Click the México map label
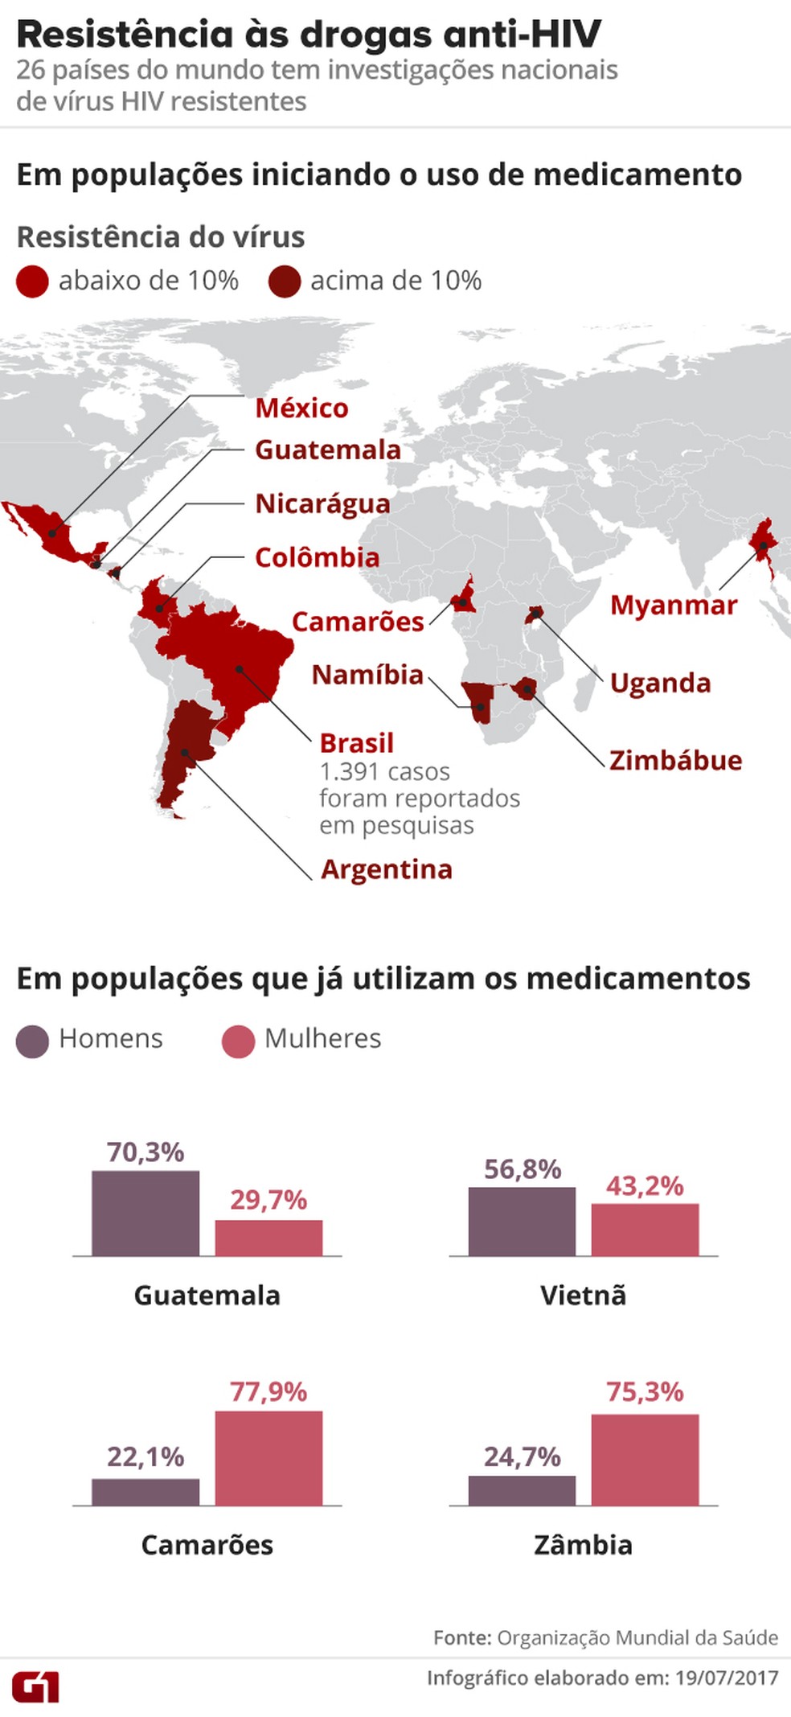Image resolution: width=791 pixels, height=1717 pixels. coord(301,409)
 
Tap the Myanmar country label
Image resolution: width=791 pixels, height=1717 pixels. coord(673,605)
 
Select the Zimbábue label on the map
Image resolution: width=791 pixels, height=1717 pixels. coord(675,760)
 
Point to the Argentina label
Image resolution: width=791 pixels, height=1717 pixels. coord(386,869)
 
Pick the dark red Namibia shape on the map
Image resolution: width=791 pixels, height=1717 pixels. coord(479,700)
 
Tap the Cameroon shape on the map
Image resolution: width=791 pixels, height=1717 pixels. coord(463,598)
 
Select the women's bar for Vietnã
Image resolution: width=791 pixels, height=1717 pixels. coord(645,1230)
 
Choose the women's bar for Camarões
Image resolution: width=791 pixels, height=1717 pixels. coord(268,1457)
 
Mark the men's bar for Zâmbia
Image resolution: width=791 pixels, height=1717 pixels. coord(522,1490)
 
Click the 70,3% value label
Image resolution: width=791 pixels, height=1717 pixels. coord(145,1152)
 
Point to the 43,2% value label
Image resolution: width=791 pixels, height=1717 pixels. coord(645,1185)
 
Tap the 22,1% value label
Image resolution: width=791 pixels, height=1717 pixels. coord(145,1456)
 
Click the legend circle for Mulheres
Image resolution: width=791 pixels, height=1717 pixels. coord(238,1041)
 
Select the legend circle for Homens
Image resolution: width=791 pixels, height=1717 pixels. coord(32,1041)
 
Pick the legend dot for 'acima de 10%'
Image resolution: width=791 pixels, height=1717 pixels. coord(285,281)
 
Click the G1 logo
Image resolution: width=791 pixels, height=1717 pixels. coord(35,1686)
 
